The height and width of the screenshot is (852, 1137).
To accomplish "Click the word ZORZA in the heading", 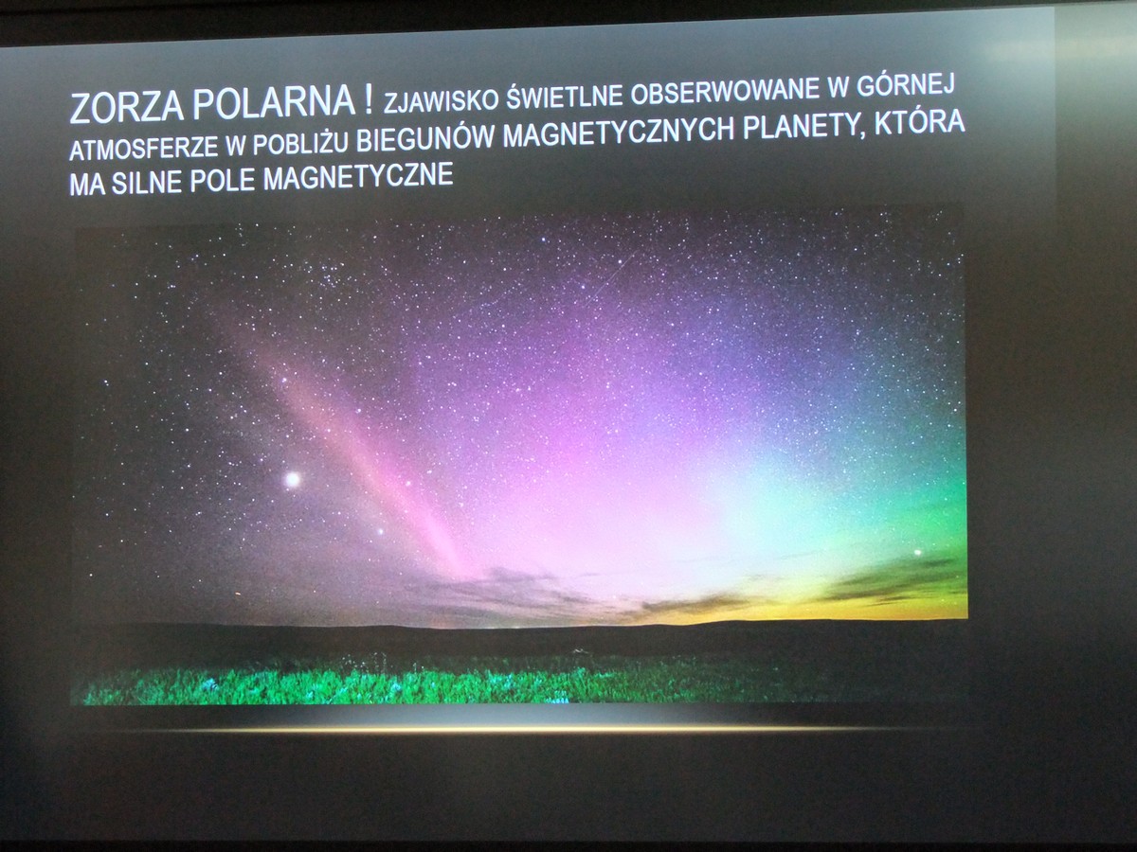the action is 127,107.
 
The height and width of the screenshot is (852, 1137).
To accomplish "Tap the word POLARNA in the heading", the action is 274,103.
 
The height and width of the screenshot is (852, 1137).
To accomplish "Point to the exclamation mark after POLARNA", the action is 369,99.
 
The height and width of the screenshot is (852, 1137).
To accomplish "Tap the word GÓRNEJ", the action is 906,85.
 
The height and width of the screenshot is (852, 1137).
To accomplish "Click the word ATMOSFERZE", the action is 143,149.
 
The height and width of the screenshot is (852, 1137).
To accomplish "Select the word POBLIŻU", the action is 301,142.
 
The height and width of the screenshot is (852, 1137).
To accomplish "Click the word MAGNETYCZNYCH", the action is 619,133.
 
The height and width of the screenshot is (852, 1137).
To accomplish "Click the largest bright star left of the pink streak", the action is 293,479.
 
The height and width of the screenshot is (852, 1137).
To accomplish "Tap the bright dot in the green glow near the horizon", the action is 918,553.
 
